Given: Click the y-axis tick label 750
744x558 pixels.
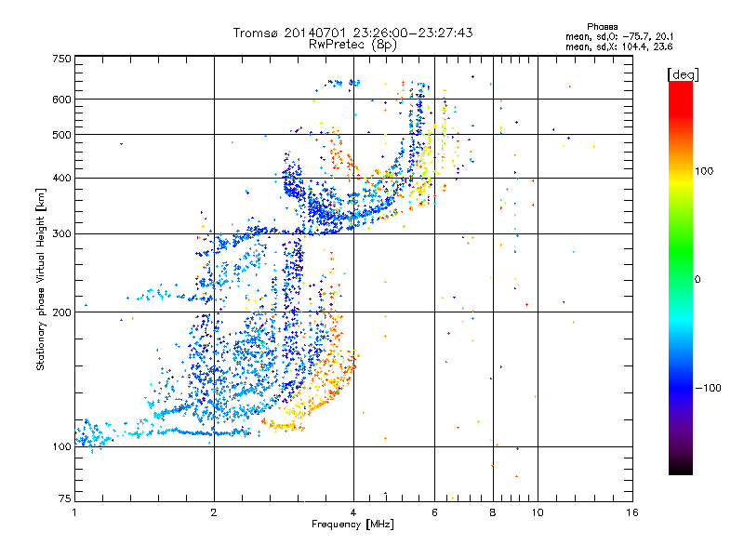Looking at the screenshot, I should pyautogui.click(x=61, y=60).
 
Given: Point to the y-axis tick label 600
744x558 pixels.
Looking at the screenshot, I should pyautogui.click(x=61, y=100).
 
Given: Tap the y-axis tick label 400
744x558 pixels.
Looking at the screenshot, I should pyautogui.click(x=61, y=178).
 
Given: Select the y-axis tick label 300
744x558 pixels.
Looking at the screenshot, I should pyautogui.click(x=61, y=233).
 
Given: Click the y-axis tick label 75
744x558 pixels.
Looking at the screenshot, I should pyautogui.click(x=64, y=498).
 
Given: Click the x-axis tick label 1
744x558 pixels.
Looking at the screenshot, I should pyautogui.click(x=75, y=512).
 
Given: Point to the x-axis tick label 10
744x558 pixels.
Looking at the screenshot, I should pyautogui.click(x=537, y=512).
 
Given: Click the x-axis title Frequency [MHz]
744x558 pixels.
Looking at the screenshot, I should pyautogui.click(x=352, y=525).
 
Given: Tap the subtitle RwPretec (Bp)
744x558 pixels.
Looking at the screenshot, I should pyautogui.click(x=352, y=44).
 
